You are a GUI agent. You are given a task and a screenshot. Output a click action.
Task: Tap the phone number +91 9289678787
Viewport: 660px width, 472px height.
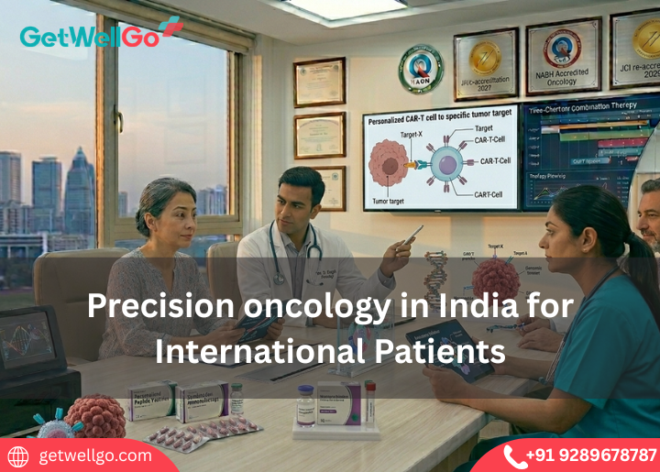pos(592,455)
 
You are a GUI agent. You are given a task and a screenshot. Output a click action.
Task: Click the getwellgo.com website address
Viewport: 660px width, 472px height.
pos(95,456)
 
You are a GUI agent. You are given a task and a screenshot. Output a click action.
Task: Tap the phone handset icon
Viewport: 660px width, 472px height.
pos(515,456)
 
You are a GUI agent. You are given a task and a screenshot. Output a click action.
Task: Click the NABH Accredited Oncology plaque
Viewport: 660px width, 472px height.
pos(563,56)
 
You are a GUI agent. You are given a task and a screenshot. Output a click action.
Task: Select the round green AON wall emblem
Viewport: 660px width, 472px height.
pos(421,70)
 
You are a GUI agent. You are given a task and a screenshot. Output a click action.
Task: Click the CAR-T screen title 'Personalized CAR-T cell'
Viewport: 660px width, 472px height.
pos(439,120)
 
